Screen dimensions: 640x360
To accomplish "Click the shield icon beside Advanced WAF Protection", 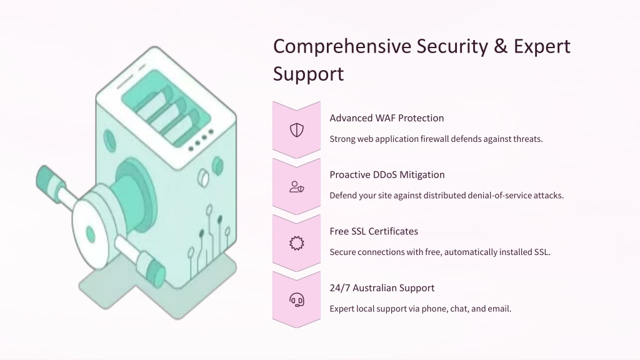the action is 297,130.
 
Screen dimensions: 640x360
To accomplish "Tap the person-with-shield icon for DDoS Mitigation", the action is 297,187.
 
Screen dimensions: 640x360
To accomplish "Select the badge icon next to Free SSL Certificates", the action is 297,243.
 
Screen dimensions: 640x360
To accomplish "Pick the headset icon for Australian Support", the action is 297,300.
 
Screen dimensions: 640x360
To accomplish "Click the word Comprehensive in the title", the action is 342,47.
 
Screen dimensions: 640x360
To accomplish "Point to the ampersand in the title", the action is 501,46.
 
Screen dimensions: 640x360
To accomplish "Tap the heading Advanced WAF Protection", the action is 386,118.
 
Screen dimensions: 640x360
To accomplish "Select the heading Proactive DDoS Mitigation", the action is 387,175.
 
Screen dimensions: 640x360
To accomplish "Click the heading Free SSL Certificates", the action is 374,231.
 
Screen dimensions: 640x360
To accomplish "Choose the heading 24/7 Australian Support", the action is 382,288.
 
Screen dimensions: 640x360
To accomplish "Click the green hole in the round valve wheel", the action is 90,236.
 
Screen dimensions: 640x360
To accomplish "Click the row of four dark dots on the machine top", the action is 201,141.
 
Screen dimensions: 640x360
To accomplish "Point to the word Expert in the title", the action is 542,47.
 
